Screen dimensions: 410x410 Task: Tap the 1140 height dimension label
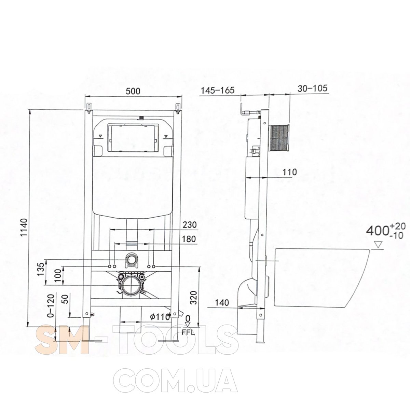tap(25, 227)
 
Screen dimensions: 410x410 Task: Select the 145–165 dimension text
tap(218, 90)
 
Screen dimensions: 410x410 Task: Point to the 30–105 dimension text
tap(312, 88)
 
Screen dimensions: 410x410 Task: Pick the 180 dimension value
tap(189, 239)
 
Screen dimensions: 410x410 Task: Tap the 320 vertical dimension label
tap(194, 298)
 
